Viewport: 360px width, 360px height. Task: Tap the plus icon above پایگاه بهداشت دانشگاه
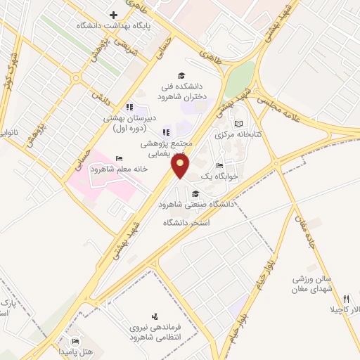pyautogui.click(x=113, y=15)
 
